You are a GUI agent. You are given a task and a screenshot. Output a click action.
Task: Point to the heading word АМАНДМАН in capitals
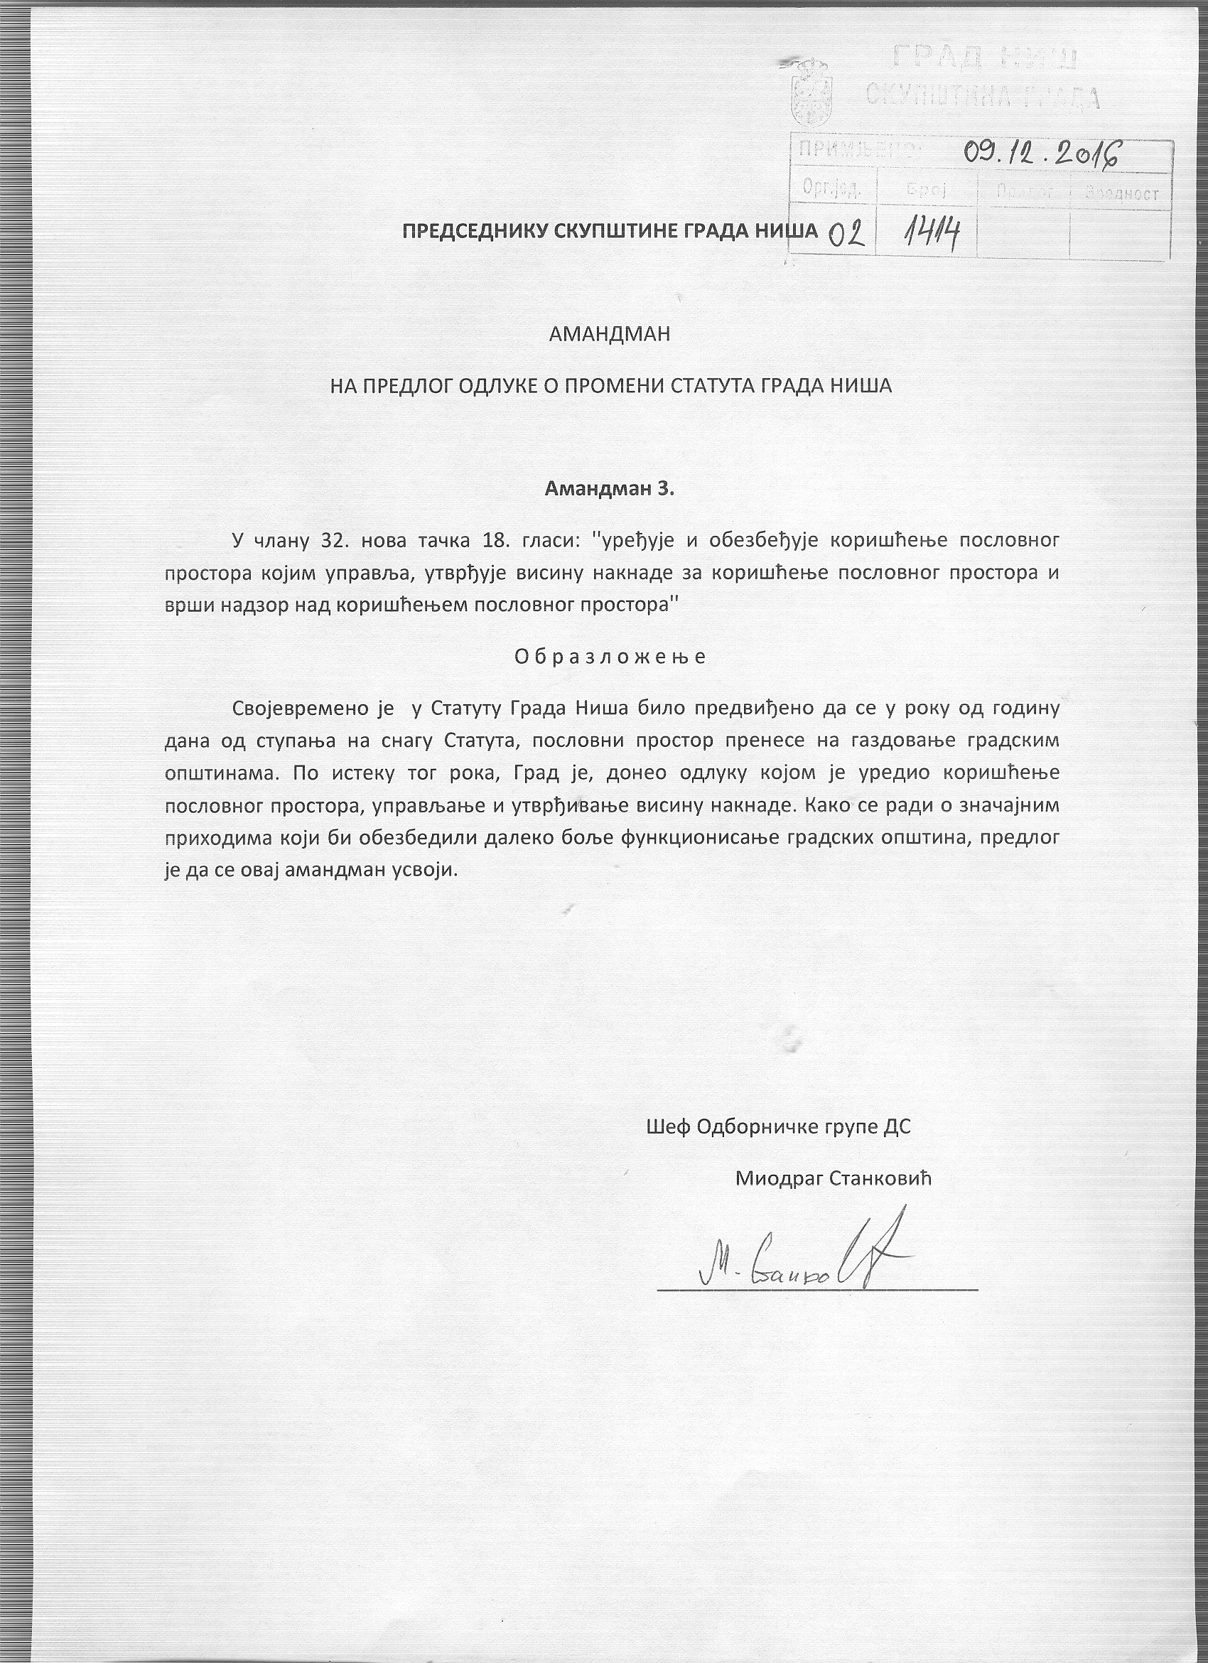pos(610,334)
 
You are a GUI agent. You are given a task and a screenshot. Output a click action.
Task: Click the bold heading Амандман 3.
pos(609,489)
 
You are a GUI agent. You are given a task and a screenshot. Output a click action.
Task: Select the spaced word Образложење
pos(610,656)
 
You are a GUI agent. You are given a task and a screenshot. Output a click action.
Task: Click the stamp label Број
pos(927,191)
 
